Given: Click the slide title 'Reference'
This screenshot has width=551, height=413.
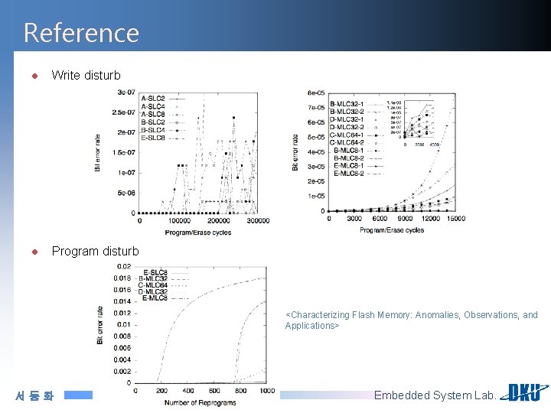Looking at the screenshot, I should click(81, 33).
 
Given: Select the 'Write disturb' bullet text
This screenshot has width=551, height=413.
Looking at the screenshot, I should click(86, 75).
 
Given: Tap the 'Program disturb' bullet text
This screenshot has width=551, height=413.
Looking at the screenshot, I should click(95, 251).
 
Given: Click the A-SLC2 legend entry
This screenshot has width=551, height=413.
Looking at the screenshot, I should click(153, 99).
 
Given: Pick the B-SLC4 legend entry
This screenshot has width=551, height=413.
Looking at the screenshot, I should click(153, 130).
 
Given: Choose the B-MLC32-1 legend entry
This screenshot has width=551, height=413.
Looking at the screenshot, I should click(346, 104).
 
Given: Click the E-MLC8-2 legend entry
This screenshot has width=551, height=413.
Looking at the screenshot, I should click(346, 174).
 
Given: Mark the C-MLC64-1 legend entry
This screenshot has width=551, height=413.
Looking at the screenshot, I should click(346, 135).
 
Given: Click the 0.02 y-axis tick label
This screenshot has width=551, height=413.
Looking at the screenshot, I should click(123, 266).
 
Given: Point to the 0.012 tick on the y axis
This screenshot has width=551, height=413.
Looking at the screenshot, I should click(121, 313).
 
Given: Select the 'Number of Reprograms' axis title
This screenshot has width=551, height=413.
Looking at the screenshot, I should click(201, 402).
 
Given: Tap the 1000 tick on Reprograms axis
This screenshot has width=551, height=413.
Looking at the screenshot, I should click(266, 391).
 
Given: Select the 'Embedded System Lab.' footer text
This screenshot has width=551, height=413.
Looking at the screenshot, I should click(435, 395).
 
